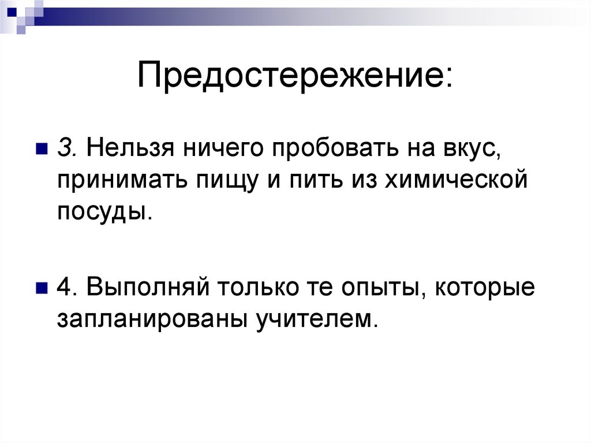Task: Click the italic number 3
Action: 64,148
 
